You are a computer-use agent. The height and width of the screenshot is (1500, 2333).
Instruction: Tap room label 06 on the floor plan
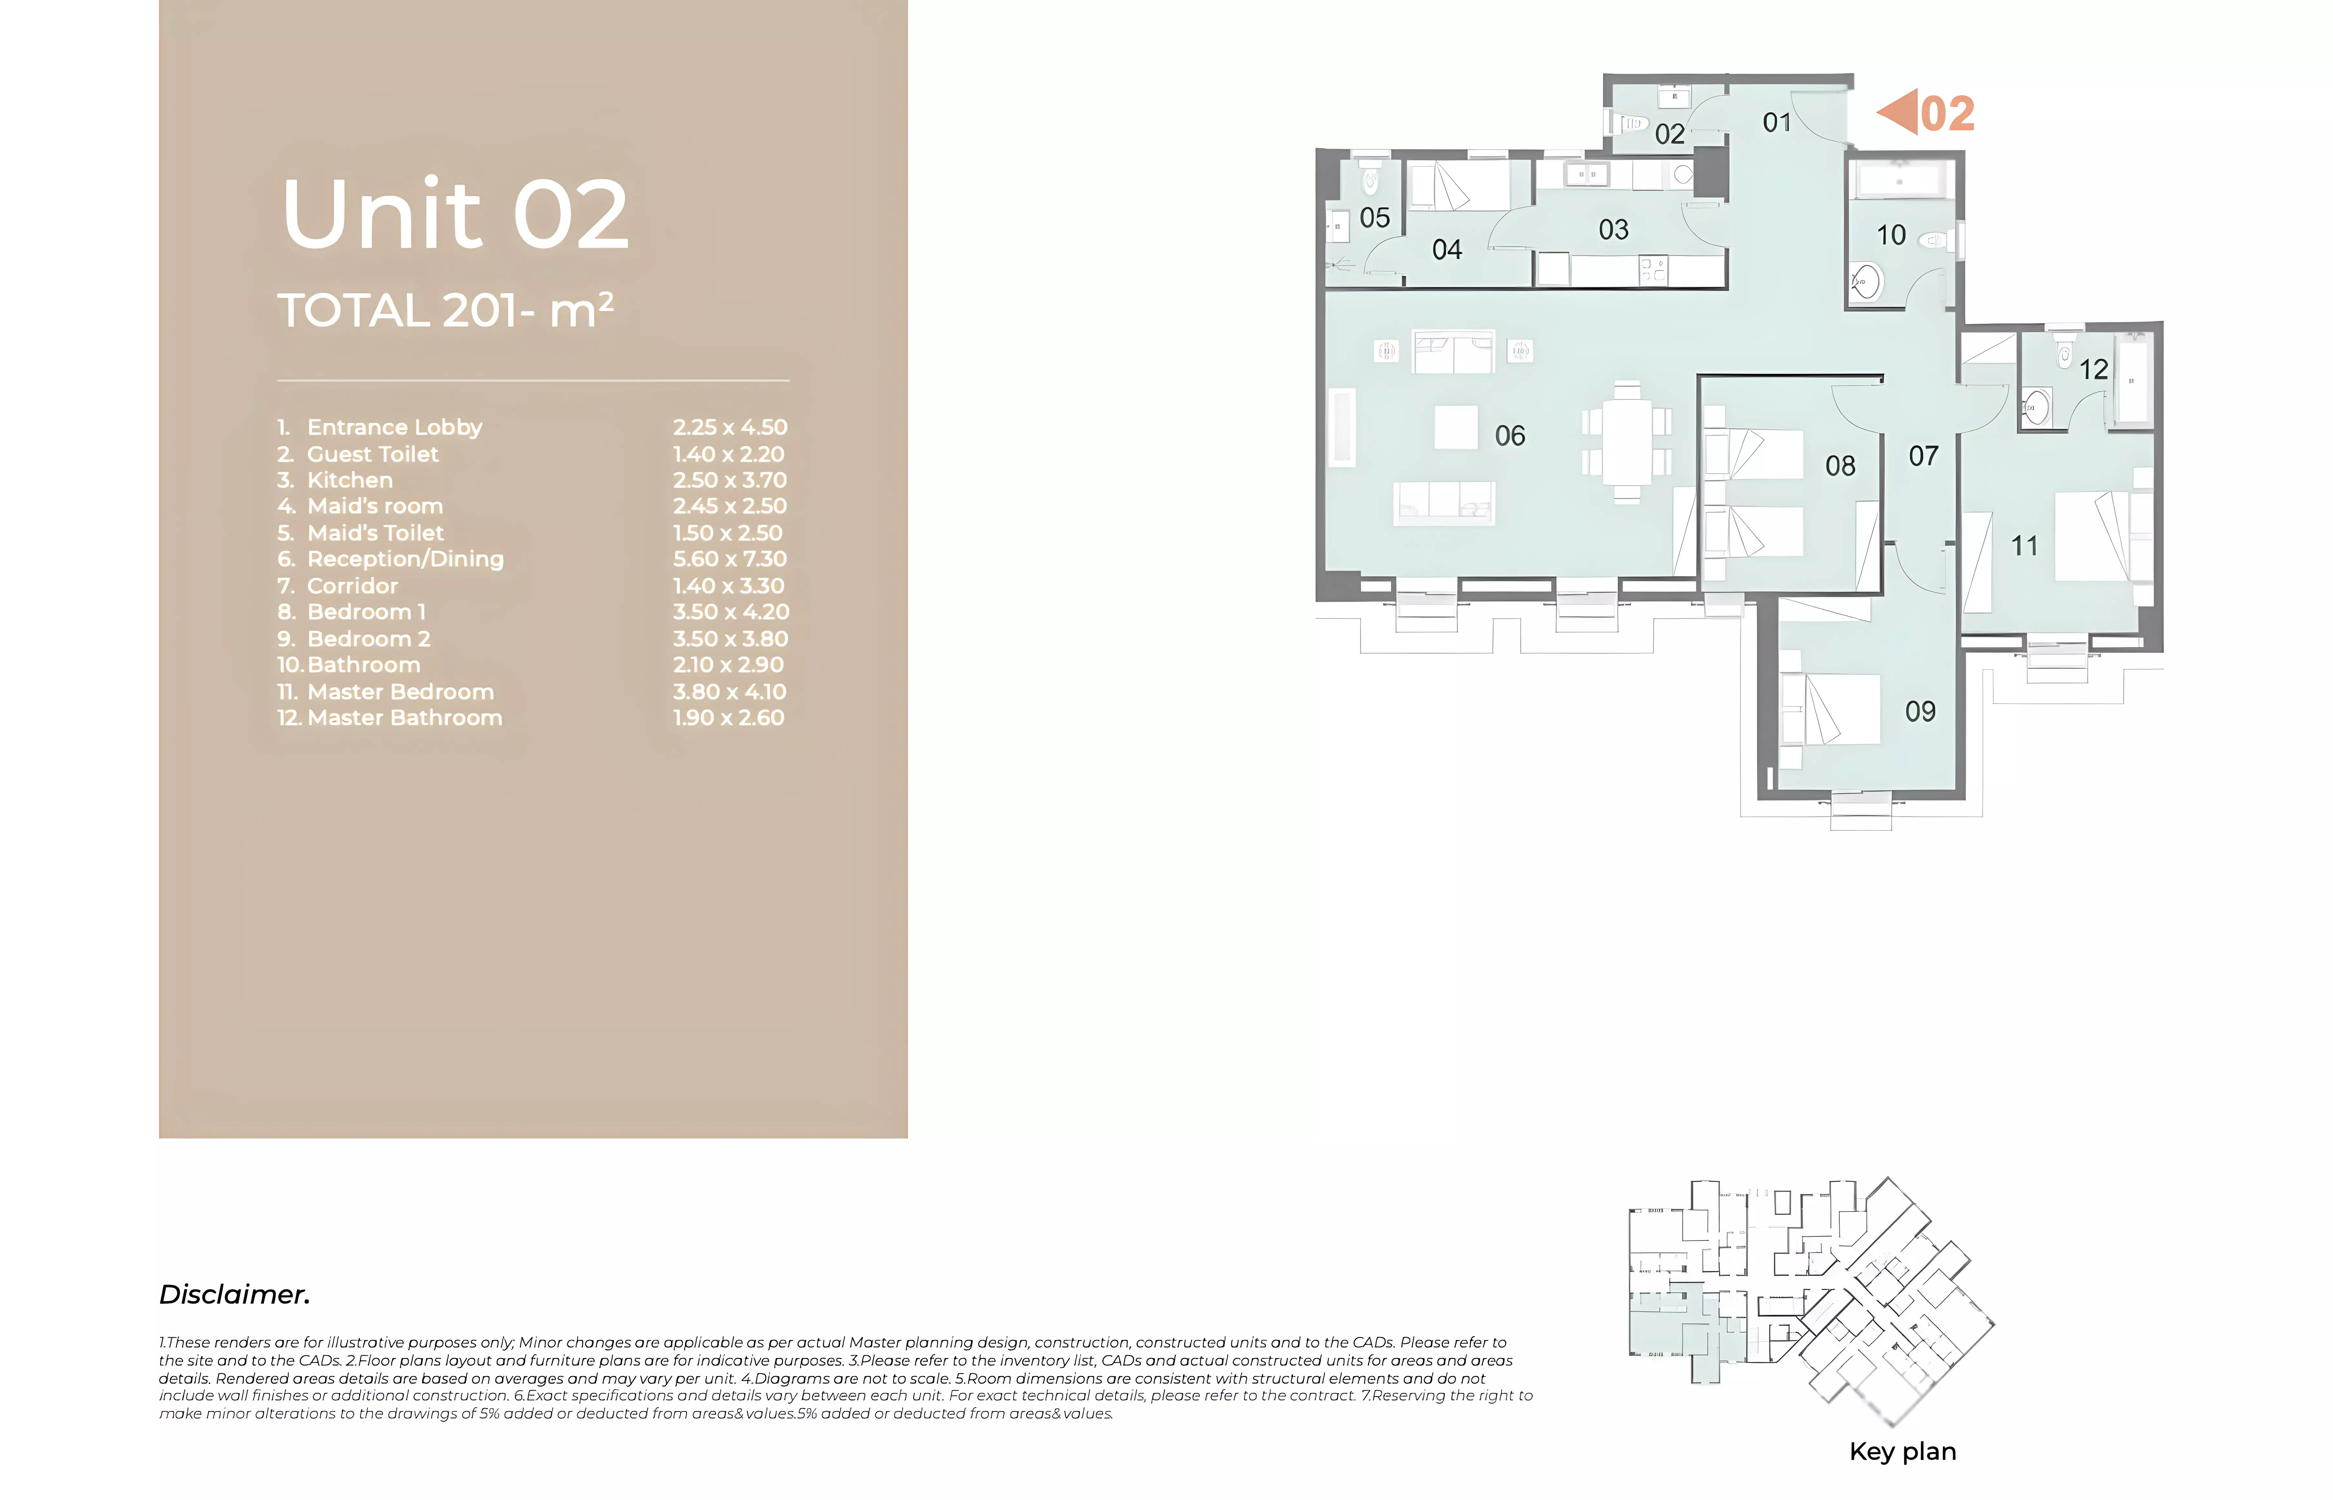tap(1510, 435)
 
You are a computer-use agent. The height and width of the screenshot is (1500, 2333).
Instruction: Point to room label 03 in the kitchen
tap(1613, 230)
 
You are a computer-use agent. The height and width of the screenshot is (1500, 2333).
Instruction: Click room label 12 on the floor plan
tap(2093, 369)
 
